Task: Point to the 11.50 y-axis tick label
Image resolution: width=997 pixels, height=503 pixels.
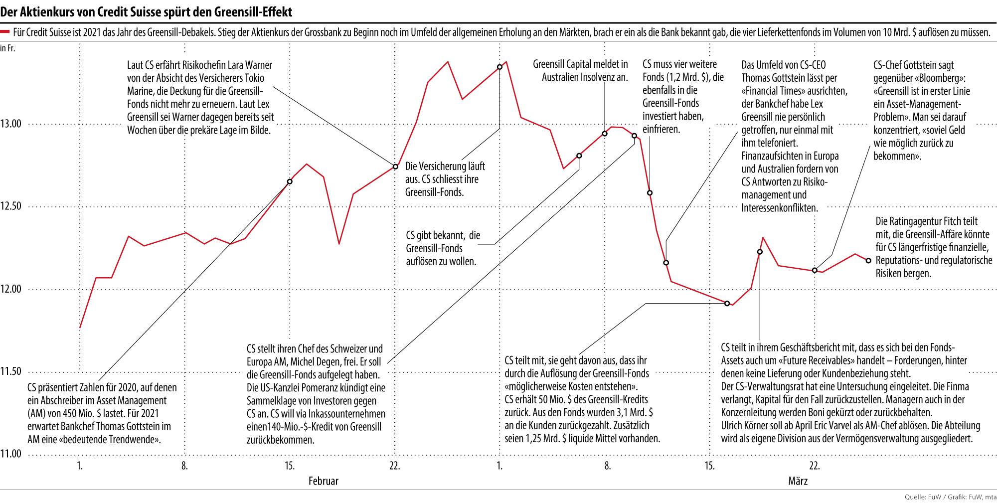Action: pyautogui.click(x=11, y=371)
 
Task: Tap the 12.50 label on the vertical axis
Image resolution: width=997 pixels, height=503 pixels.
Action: pyautogui.click(x=11, y=206)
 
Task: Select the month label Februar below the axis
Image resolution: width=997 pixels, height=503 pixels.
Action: pyautogui.click(x=323, y=481)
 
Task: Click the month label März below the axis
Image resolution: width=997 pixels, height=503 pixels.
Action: pyautogui.click(x=798, y=481)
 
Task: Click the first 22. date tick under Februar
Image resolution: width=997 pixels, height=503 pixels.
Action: pyautogui.click(x=394, y=467)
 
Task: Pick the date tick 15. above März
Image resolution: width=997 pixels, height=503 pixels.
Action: pyautogui.click(x=709, y=467)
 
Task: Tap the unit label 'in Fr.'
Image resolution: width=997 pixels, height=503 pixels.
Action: pyautogui.click(x=8, y=48)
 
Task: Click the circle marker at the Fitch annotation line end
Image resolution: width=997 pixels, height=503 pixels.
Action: pyautogui.click(x=868, y=260)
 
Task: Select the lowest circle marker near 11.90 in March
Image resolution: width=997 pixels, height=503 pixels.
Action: pyautogui.click(x=727, y=303)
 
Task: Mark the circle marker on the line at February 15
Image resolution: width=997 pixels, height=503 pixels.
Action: pyautogui.click(x=290, y=181)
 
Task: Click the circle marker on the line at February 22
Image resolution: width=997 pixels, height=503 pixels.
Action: pyautogui.click(x=395, y=167)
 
